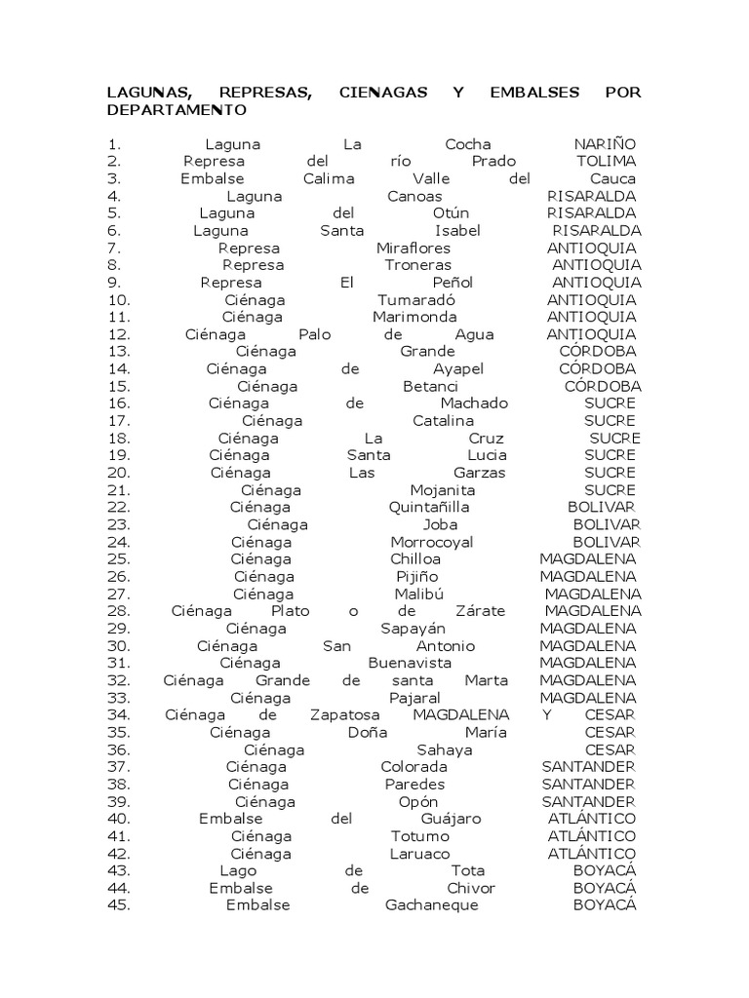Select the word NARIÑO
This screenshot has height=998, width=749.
605,144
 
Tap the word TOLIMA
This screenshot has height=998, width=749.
606,161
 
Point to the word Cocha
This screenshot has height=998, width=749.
468,144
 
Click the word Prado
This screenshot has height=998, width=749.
493,161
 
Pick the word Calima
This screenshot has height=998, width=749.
329,178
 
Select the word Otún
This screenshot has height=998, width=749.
451,213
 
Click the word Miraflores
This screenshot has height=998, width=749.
414,249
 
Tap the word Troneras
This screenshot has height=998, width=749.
417,265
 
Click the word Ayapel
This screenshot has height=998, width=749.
458,369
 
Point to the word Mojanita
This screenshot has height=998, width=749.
443,490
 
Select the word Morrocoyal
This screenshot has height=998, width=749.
432,542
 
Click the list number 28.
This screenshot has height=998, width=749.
119,611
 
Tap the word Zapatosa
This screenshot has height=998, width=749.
344,715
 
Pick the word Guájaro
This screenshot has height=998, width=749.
451,820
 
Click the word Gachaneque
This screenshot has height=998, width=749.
432,905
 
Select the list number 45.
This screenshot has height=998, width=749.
119,905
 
